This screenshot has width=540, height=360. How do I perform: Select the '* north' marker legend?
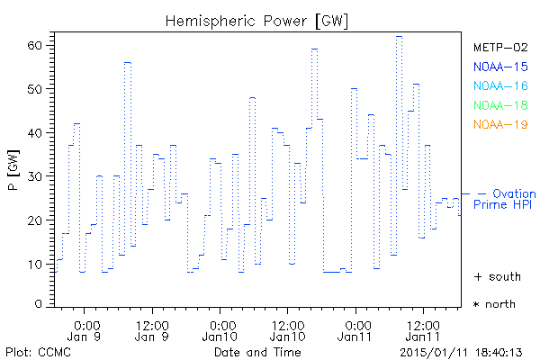tap(495, 304)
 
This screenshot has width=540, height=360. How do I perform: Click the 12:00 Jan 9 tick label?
tap(153, 330)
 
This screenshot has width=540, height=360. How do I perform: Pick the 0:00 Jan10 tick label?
tap(220, 330)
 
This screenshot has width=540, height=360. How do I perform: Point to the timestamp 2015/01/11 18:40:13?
tap(463, 352)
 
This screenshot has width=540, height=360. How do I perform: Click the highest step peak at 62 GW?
tap(399, 37)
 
